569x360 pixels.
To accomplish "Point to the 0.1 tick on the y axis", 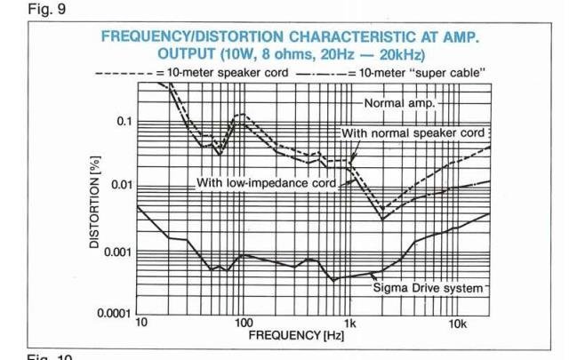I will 123,121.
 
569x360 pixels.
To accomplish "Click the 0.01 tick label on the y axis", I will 119,186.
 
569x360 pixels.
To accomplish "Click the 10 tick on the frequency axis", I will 140,323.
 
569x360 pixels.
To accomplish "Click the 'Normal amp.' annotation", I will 397,103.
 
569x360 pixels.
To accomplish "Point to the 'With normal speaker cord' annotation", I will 413,132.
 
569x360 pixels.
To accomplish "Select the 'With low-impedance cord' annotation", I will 266,183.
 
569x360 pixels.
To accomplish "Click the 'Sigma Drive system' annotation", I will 427,288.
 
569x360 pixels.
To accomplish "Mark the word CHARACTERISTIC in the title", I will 349,37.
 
